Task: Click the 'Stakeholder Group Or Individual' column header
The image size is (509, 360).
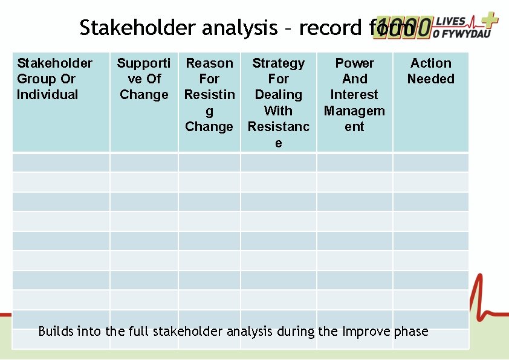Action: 55,79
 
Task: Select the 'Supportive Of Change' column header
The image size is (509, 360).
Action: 144,79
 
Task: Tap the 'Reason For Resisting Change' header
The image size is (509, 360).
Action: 209,95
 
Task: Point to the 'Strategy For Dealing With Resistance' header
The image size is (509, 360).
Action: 278,103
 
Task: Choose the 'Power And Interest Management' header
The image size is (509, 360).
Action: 354,95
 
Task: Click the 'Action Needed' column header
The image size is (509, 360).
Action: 430,71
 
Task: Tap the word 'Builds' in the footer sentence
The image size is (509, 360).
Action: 56,331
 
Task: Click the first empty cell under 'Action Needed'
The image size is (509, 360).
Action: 430,162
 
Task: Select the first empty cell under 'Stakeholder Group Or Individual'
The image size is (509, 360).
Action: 61,162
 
